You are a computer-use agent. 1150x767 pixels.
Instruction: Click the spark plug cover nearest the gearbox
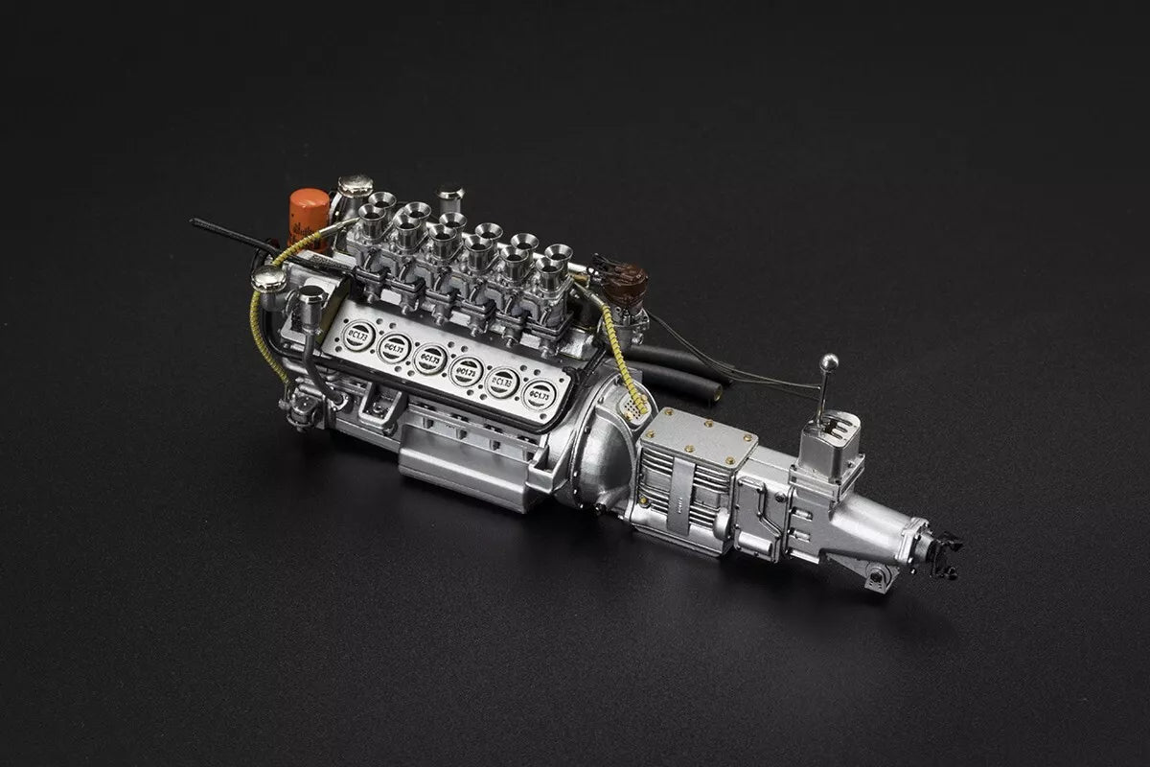541,393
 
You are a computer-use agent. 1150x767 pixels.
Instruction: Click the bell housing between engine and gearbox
599,451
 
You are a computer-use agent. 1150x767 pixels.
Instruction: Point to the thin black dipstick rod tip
195,222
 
